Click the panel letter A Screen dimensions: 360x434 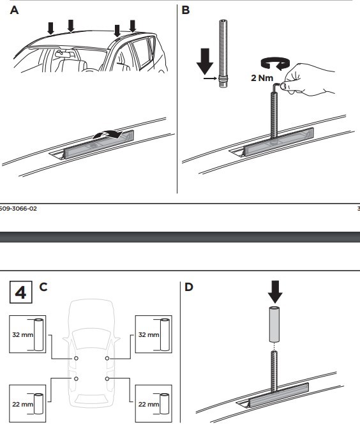click(14, 10)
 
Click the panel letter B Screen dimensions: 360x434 click(186, 10)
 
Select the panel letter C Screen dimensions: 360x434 click(43, 287)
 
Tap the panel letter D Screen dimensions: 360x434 click(189, 287)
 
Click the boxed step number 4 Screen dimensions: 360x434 click(21, 292)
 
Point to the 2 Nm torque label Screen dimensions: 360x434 click(262, 78)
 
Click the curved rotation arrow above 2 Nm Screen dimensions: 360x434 click(275, 64)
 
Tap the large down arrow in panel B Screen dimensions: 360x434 click(205, 61)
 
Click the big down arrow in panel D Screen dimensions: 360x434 click(275, 292)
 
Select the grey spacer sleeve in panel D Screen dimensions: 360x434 click(274, 324)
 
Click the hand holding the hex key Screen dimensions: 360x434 click(307, 80)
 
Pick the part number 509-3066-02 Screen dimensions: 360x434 click(18, 209)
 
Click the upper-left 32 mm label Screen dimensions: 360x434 click(23, 334)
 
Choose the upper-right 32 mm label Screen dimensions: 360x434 click(149, 334)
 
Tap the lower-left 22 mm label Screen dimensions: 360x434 click(23, 404)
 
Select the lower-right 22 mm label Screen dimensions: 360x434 click(149, 404)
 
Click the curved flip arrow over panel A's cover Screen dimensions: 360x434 click(108, 133)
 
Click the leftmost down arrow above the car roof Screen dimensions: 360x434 click(50, 28)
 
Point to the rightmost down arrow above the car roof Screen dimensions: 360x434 click(133, 26)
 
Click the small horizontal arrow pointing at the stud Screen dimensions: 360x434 click(210, 79)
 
